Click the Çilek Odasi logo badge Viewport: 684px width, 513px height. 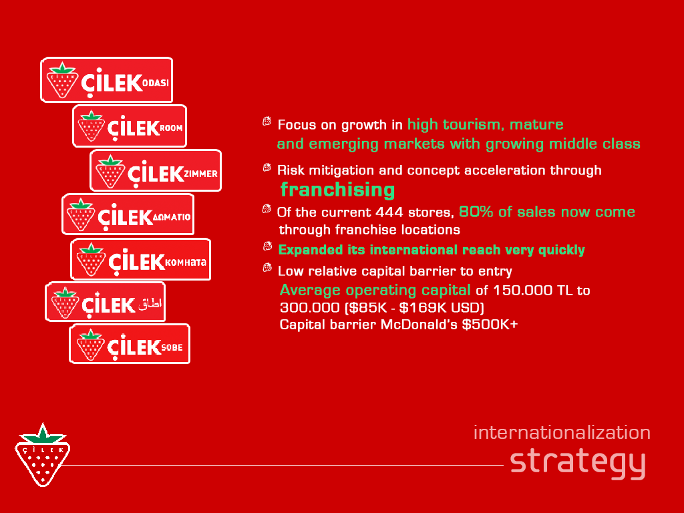[x=107, y=80]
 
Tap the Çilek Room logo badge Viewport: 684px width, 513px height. [x=130, y=126]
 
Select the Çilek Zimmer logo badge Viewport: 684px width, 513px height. [x=156, y=170]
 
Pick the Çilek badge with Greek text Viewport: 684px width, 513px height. [x=128, y=214]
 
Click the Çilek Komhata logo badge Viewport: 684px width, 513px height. [x=140, y=259]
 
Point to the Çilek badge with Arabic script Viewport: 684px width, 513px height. [x=105, y=302]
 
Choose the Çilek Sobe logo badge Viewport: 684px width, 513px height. [x=130, y=344]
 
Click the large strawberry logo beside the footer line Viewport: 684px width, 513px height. [x=42, y=454]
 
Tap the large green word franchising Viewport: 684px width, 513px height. [x=337, y=190]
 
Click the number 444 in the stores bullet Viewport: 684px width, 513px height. [x=389, y=212]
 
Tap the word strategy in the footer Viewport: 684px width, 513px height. [x=578, y=464]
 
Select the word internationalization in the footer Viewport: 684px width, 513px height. [x=562, y=433]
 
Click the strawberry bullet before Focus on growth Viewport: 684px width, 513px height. [x=267, y=122]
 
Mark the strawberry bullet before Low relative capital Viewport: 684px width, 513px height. [x=267, y=267]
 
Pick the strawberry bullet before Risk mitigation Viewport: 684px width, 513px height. [x=267, y=168]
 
